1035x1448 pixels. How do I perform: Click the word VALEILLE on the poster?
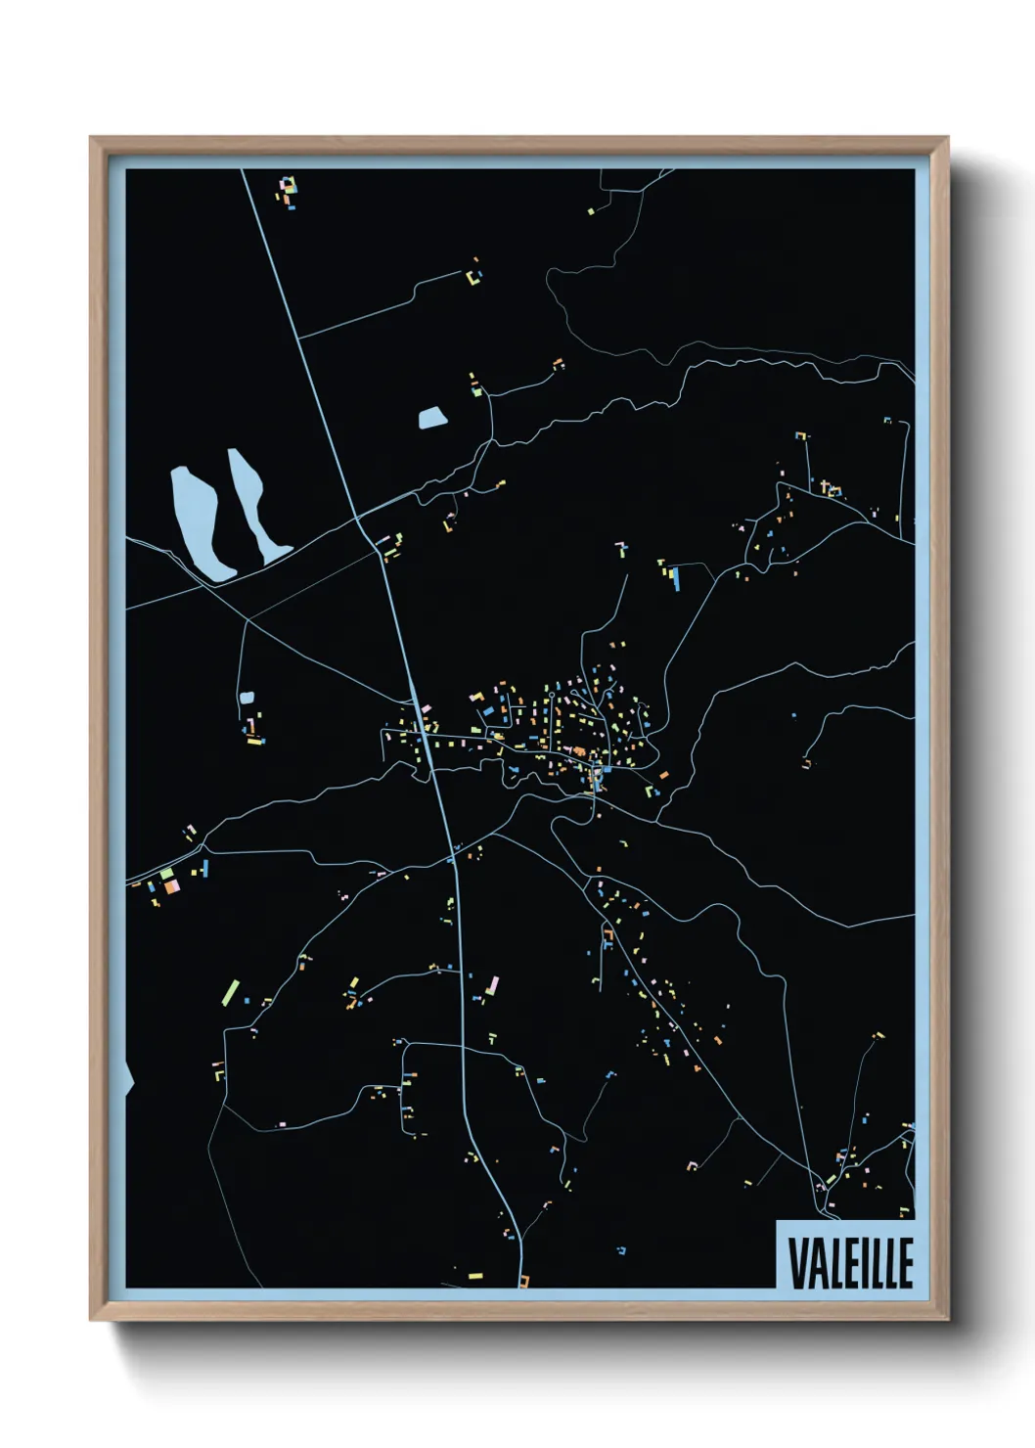(x=849, y=1263)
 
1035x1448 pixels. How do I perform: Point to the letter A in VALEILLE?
(x=818, y=1263)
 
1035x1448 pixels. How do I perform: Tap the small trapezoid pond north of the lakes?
(x=431, y=419)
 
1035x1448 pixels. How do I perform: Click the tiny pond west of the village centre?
(x=247, y=699)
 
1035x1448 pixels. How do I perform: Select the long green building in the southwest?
(x=231, y=992)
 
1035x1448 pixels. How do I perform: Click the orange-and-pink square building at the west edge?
(x=171, y=886)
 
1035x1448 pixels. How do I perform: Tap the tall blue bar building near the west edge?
(x=204, y=867)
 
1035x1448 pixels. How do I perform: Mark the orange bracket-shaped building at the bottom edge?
(x=524, y=1280)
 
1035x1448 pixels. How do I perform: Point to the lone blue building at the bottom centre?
(x=620, y=1250)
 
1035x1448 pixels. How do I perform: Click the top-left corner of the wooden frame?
(x=91, y=139)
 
